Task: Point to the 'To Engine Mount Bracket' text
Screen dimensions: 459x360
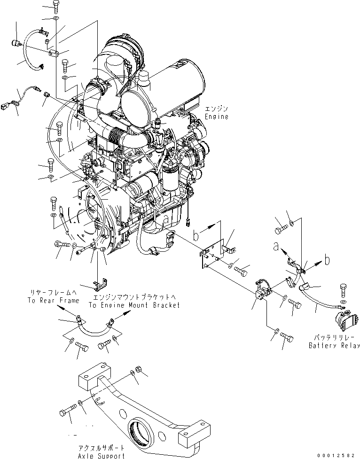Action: tap(134, 305)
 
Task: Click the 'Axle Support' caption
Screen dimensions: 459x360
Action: tap(102, 455)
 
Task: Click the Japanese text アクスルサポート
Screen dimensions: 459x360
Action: tap(102, 448)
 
